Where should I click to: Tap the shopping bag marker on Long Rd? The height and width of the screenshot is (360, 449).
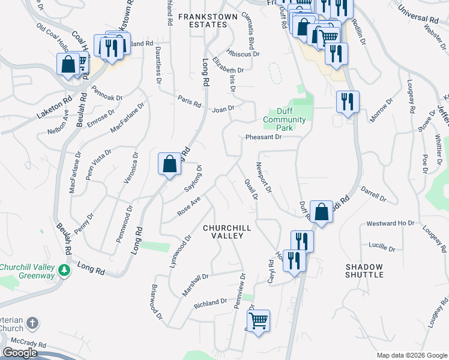[170, 163]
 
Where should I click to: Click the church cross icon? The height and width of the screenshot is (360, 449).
[32, 324]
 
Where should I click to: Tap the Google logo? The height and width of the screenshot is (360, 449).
[20, 353]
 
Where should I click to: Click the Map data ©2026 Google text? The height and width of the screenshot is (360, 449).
[411, 355]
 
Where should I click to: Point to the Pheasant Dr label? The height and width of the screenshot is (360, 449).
[264, 137]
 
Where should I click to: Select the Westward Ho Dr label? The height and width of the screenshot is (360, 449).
[391, 223]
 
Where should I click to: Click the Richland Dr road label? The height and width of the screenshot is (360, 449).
[210, 304]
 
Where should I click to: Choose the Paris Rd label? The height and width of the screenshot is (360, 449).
[189, 102]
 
